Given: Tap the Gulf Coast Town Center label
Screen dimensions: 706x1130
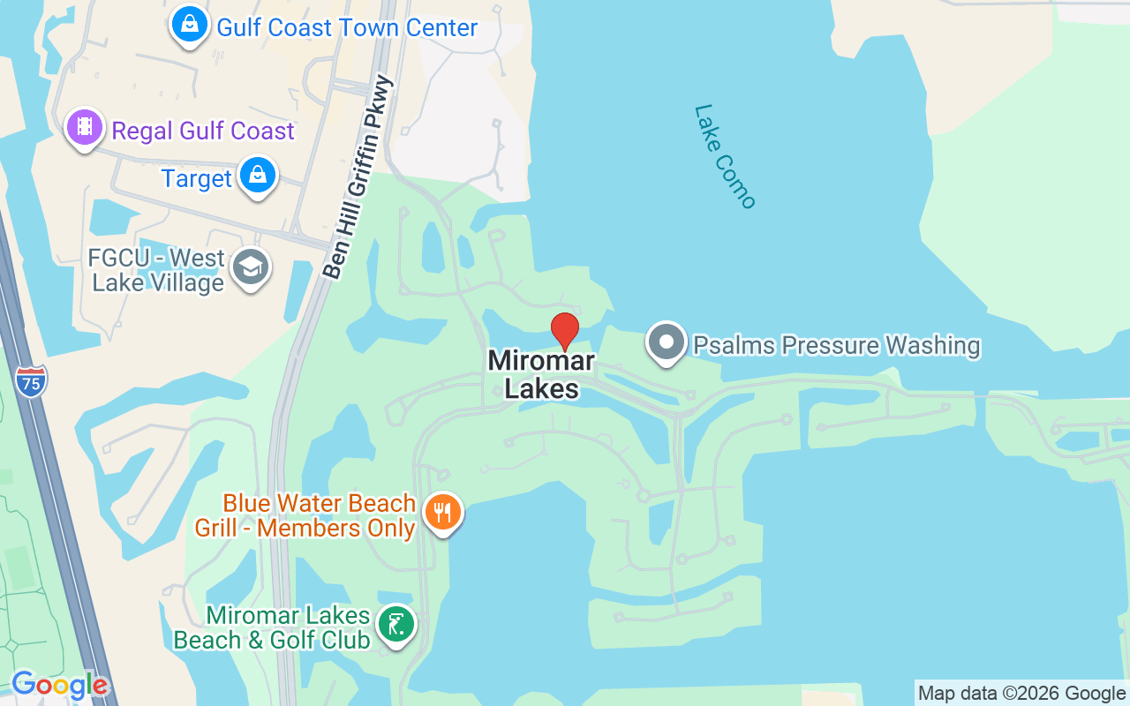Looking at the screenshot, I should pyautogui.click(x=347, y=27).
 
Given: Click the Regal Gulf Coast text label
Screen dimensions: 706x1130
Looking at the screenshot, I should pyautogui.click(x=203, y=131).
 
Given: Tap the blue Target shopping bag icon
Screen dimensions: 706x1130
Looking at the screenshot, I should pyautogui.click(x=257, y=176).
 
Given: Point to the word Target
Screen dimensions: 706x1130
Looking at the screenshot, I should pyautogui.click(x=196, y=178).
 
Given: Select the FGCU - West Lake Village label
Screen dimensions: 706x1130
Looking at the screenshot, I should pyautogui.click(x=158, y=270).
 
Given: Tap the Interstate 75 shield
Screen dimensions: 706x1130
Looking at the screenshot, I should pyautogui.click(x=31, y=381).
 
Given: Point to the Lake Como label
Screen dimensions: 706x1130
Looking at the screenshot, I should pyautogui.click(x=725, y=157).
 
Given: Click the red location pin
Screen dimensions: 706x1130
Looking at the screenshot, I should pyautogui.click(x=565, y=331).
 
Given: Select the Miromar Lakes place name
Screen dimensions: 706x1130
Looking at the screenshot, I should pyautogui.click(x=541, y=374).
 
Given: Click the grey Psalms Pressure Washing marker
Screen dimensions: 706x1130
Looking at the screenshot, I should pyautogui.click(x=667, y=342).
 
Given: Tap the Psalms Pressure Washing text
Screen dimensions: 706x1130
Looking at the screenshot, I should pyautogui.click(x=836, y=345).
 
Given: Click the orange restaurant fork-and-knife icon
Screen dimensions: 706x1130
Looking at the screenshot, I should pyautogui.click(x=442, y=512).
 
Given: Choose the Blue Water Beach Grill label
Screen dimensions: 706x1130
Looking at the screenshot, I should pyautogui.click(x=305, y=515).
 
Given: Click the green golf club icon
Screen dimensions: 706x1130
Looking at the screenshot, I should pyautogui.click(x=396, y=624).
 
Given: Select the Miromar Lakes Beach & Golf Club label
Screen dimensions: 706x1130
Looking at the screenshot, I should pyautogui.click(x=272, y=627).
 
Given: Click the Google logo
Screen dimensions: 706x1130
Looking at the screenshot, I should pyautogui.click(x=59, y=684).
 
